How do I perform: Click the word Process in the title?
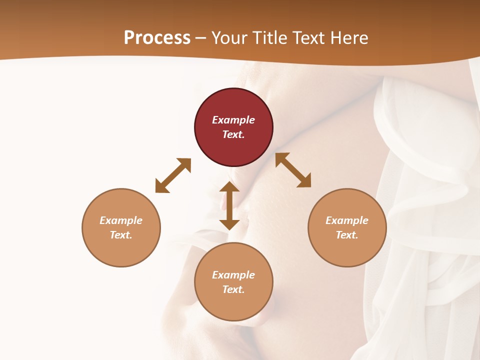[157, 37]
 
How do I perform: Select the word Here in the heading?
[348, 37]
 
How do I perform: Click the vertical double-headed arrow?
[229, 205]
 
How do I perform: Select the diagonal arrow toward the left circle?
[173, 175]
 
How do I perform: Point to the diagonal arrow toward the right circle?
[293, 170]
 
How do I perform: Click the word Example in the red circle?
[233, 120]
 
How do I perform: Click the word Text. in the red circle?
[233, 134]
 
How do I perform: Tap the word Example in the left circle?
[121, 220]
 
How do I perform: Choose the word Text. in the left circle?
[121, 235]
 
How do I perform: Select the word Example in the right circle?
[347, 220]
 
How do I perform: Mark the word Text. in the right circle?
[347, 235]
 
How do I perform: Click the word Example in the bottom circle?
[233, 275]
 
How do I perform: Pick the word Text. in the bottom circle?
[233, 289]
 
